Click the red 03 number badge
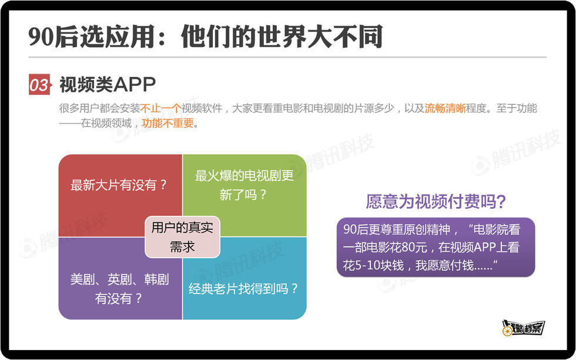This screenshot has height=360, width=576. [x=39, y=85]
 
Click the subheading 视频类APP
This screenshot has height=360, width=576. [x=108, y=85]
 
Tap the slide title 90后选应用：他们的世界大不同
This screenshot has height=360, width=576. [x=206, y=36]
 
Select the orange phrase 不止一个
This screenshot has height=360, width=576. [x=160, y=108]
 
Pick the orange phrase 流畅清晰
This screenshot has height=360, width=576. [x=446, y=108]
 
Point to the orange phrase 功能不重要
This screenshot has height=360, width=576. [x=168, y=123]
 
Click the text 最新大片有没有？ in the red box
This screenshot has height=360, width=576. [x=119, y=185]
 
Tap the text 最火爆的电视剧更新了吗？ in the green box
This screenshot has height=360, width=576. [x=245, y=185]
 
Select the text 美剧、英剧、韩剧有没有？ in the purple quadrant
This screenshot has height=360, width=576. [x=120, y=289]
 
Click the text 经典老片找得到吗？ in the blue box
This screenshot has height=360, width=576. [x=243, y=289]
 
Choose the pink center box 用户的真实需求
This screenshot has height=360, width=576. [x=183, y=237]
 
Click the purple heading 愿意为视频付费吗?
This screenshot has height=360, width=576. [x=436, y=202]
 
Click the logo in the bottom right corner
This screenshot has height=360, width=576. [x=523, y=328]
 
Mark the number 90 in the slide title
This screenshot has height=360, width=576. [x=42, y=37]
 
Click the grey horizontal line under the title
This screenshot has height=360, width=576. [x=287, y=58]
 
